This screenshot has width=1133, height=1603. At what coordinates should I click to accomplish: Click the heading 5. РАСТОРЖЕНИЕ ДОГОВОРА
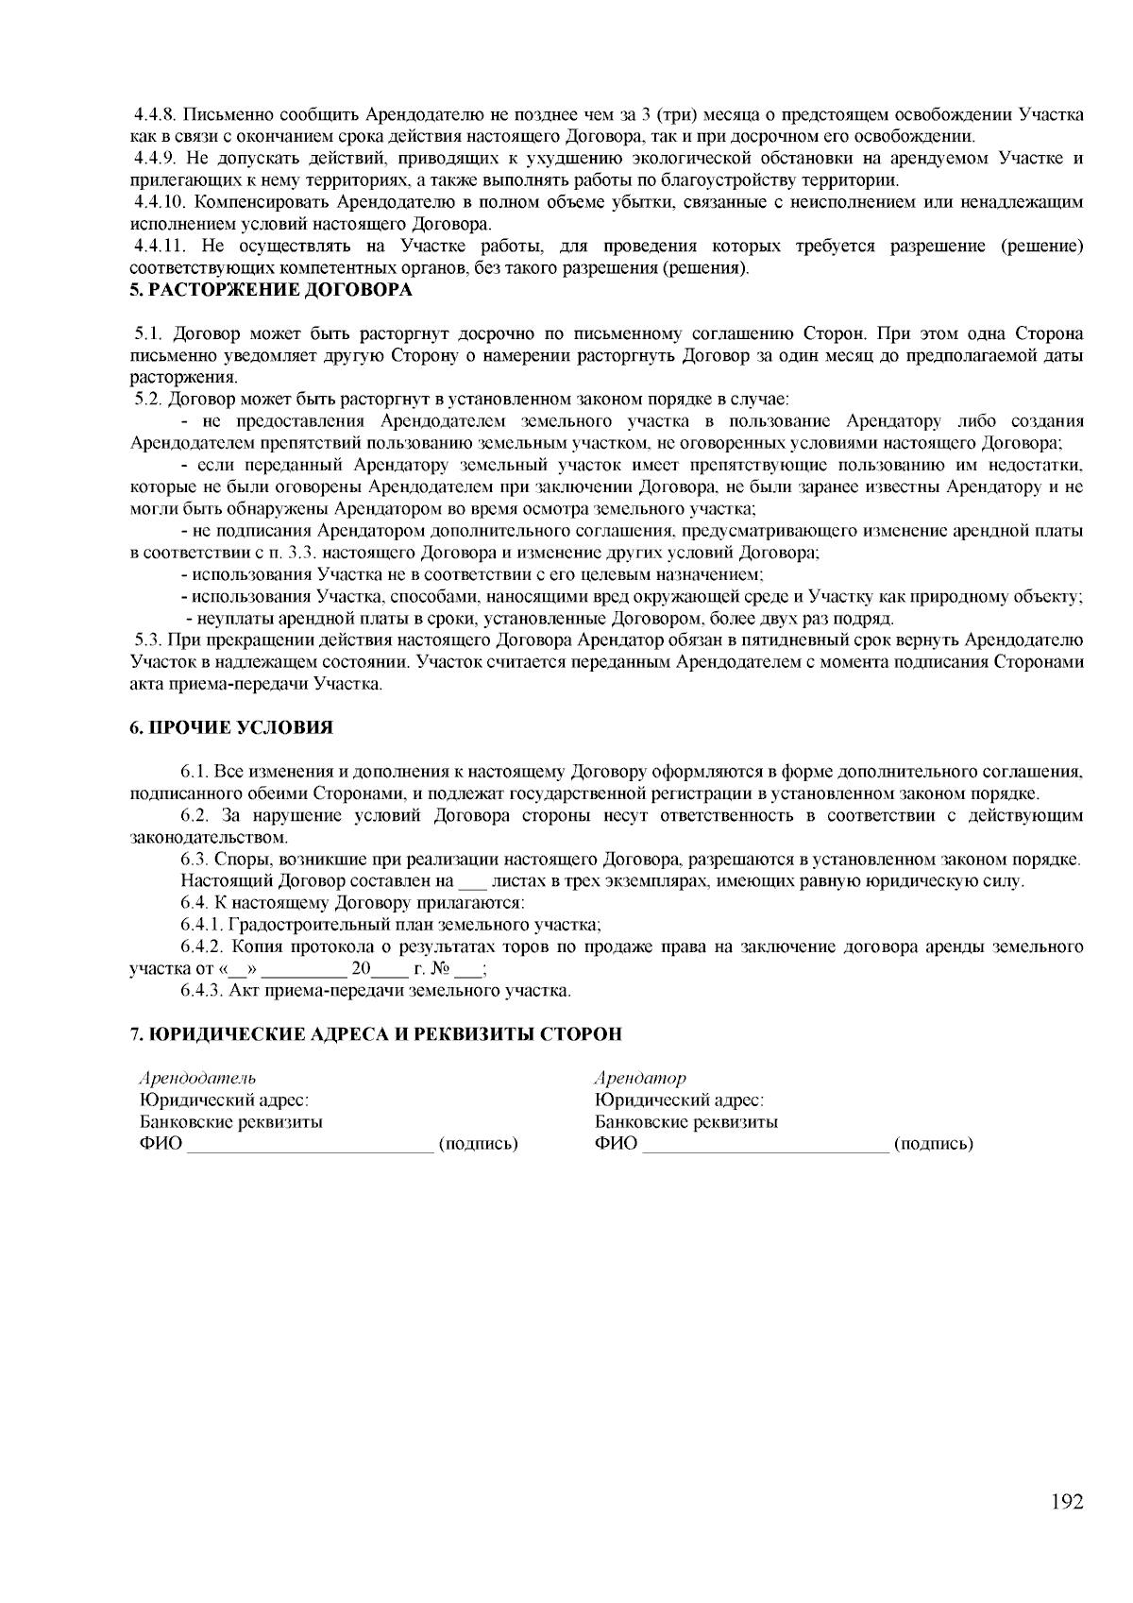[x=270, y=290]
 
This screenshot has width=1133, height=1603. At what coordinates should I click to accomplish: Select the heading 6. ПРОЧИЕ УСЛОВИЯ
[x=230, y=727]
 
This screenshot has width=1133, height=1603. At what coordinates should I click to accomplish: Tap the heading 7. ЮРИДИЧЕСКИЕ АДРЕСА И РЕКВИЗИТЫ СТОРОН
[x=375, y=1033]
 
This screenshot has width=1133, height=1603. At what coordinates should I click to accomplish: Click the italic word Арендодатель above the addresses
[x=197, y=1078]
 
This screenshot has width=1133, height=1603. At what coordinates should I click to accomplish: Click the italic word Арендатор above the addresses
[x=639, y=1078]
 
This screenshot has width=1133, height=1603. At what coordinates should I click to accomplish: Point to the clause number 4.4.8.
[x=154, y=115]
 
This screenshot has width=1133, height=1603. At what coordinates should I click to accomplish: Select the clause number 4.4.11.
[x=158, y=247]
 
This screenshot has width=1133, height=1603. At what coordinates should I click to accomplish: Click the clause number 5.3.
[x=148, y=640]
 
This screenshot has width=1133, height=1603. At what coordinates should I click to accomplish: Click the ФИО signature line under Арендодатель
[x=310, y=1147]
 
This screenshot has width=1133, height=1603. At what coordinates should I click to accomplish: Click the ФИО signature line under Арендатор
[x=765, y=1147]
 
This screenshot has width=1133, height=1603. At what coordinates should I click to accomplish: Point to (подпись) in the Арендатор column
[x=933, y=1144]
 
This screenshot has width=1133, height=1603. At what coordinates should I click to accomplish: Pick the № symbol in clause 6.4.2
[x=439, y=968]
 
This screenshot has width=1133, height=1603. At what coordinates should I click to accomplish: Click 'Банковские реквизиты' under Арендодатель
[x=230, y=1122]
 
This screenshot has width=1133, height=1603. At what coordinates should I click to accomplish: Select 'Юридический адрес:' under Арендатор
[x=678, y=1100]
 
